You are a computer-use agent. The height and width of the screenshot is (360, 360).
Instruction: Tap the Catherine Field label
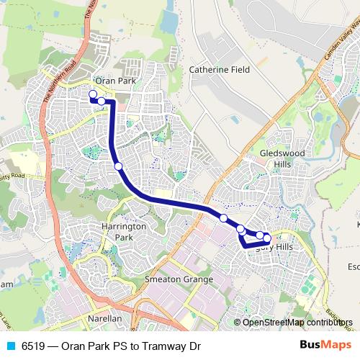(218, 71)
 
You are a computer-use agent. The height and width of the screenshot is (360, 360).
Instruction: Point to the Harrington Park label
(124, 231)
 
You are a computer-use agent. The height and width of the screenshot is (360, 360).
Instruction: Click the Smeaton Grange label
(179, 279)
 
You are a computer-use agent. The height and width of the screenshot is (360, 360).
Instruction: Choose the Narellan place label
(104, 318)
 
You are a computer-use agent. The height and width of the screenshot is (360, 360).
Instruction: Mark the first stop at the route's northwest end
(92, 94)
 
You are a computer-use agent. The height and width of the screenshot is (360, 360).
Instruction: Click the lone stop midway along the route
(118, 166)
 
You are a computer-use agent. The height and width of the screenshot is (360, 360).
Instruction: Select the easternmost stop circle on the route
(267, 238)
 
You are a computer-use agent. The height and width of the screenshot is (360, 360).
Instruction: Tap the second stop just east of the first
(102, 101)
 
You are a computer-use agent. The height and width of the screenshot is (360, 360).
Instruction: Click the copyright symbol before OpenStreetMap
(238, 323)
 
